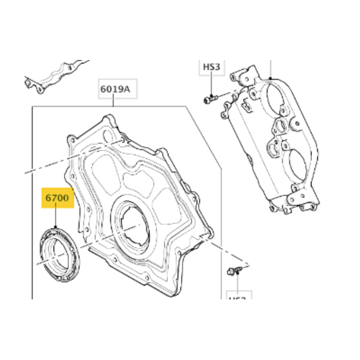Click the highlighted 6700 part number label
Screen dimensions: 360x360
coord(56,197)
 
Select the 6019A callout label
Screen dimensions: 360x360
coord(115,89)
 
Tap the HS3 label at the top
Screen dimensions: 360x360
coord(211,68)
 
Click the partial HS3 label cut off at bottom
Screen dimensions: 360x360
coord(238,298)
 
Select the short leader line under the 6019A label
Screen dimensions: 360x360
coord(115,102)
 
